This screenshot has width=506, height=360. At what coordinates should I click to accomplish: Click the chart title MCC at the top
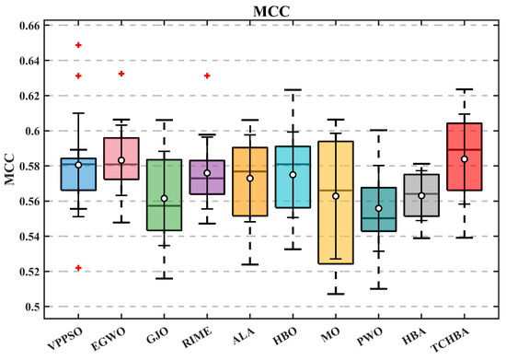coord(271,12)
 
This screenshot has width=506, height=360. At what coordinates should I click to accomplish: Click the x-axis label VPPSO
coord(65,338)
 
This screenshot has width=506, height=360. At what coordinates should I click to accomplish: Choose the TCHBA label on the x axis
coord(450,341)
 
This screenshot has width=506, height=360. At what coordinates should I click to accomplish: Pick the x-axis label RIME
coord(197,337)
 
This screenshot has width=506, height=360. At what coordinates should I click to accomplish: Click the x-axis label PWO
coord(370,336)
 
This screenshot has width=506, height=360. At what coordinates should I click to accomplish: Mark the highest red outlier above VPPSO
coord(78,45)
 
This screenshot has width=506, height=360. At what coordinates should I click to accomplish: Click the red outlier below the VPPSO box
coord(78,268)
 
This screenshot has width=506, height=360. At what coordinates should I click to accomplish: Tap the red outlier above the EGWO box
coord(121,74)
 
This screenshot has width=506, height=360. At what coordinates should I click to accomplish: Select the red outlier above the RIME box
coord(207,75)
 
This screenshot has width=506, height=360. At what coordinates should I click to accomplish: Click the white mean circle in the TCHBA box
coord(465,159)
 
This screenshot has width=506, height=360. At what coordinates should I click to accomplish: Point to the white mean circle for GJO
coord(165,198)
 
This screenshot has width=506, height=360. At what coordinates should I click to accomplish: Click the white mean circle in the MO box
coord(336,196)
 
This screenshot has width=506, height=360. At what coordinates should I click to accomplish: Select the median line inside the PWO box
coord(378,218)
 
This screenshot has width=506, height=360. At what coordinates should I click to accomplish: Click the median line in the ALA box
coord(250,171)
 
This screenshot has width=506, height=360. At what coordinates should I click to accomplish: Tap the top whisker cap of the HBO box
coord(293,89)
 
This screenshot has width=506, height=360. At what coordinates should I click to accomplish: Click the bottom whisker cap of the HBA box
coord(421,238)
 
